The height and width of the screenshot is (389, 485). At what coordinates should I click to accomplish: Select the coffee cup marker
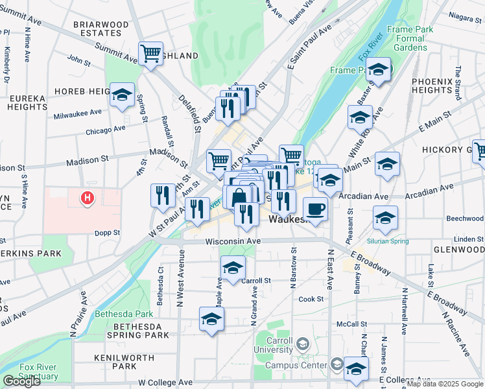(315, 209)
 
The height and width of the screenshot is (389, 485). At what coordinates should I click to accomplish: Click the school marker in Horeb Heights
(121, 95)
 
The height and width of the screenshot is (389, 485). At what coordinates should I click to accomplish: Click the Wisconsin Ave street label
(233, 241)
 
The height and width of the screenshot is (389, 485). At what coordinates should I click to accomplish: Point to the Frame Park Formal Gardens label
(405, 38)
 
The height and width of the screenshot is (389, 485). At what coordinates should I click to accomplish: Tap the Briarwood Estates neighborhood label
(101, 29)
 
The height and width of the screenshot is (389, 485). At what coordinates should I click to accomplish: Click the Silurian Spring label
(388, 241)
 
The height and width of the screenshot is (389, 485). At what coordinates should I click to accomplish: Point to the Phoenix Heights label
(431, 86)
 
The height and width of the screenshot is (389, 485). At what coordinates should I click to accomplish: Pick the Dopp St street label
(108, 232)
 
